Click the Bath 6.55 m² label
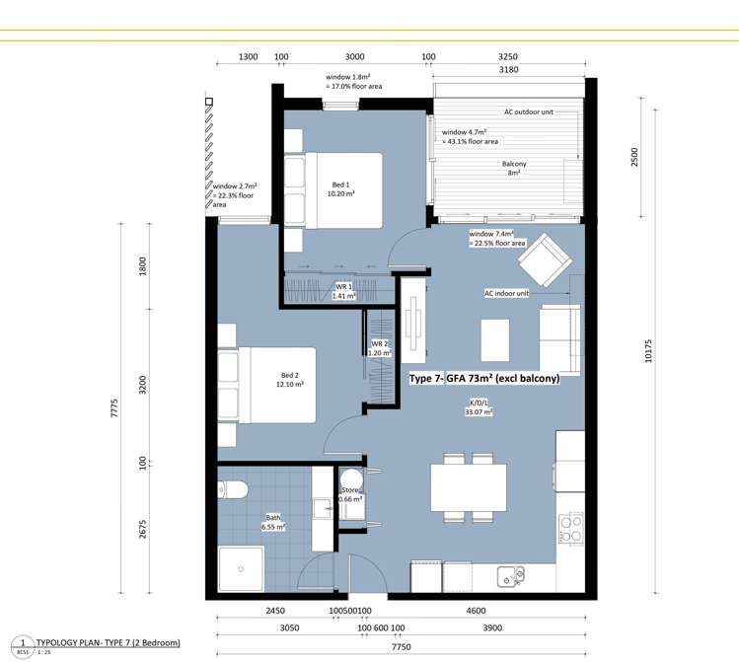click(x=273, y=522)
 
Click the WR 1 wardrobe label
click(x=343, y=291)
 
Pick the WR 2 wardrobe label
click(x=380, y=347)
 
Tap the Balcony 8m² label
click(x=513, y=169)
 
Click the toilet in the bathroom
click(x=232, y=489)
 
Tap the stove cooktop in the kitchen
click(x=569, y=533)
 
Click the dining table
click(x=469, y=487)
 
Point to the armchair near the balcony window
click(x=542, y=263)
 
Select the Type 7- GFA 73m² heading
click(x=484, y=378)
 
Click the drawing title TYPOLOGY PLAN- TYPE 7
click(x=106, y=641)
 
